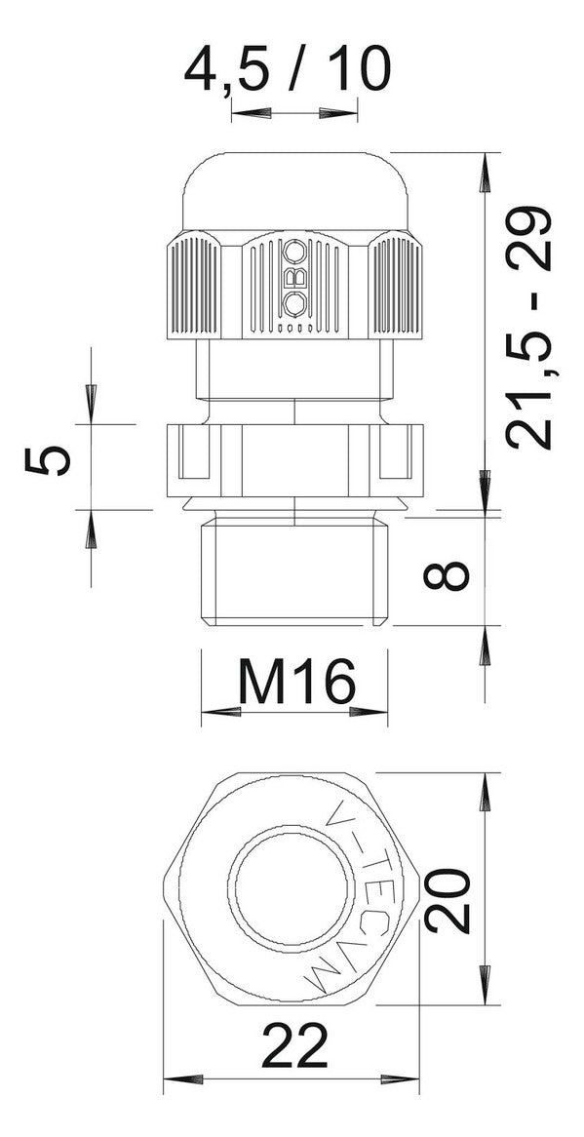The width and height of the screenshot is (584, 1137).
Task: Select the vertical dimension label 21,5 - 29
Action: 529,329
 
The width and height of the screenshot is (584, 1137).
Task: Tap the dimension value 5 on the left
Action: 48,461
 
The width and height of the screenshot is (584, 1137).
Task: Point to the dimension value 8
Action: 447,568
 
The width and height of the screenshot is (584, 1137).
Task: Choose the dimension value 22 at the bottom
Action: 294,1046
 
